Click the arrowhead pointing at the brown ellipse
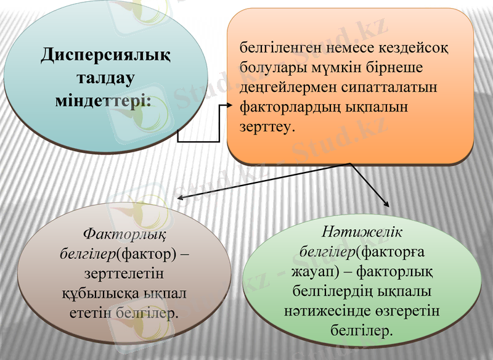[x=180, y=198]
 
